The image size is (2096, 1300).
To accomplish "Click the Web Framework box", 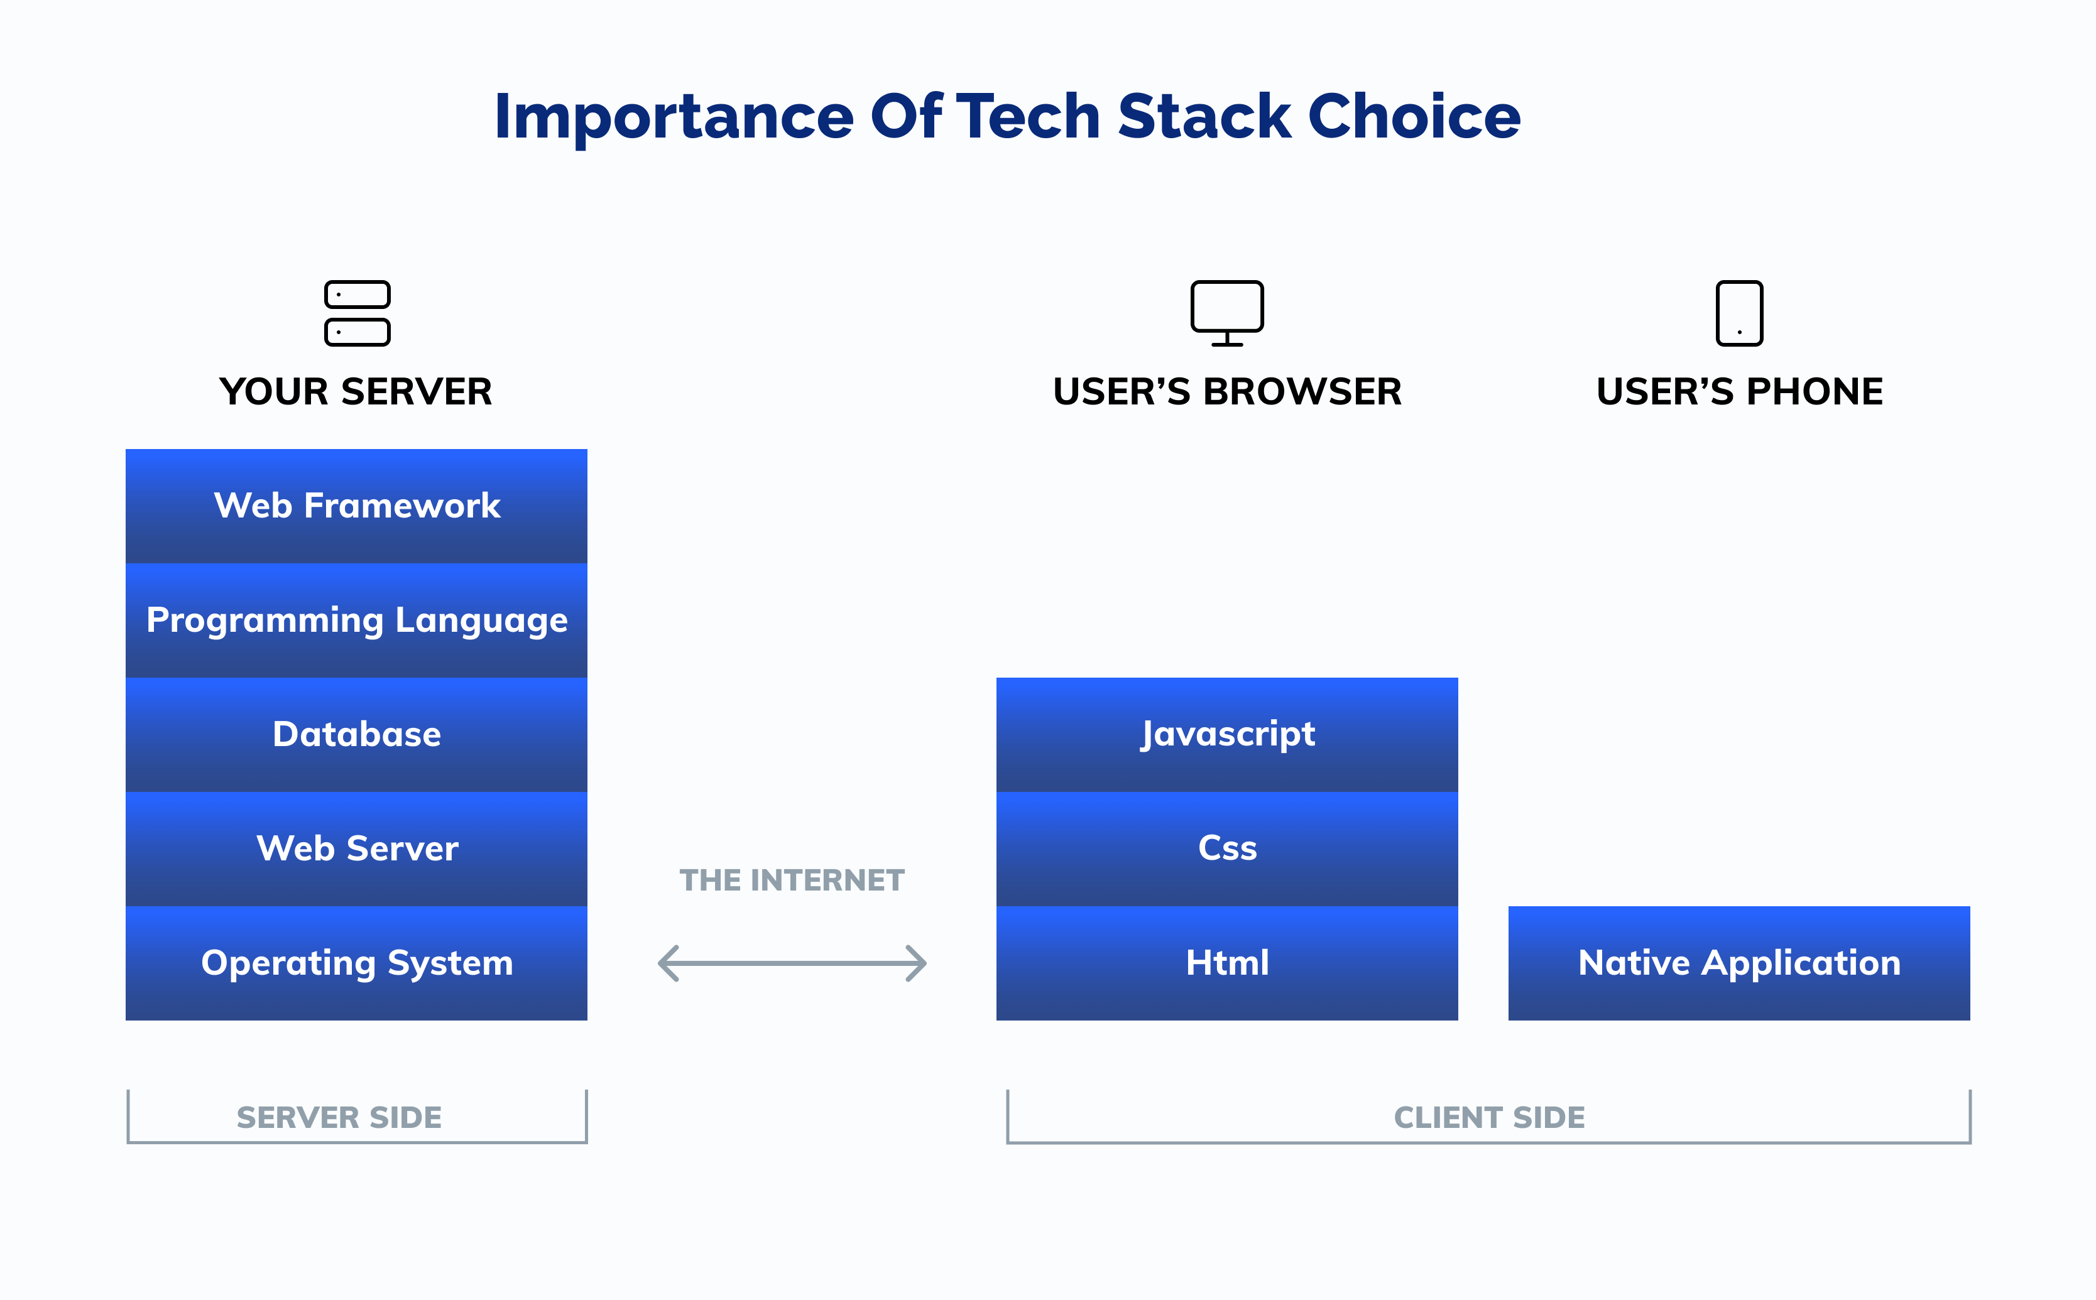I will [356, 506].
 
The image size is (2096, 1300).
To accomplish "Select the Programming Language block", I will [356, 620].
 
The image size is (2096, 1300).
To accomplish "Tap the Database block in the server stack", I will [356, 734].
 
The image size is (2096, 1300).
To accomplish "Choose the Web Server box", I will [356, 848].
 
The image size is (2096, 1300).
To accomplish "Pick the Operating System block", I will [356, 963].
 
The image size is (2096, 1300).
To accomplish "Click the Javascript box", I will [1226, 734].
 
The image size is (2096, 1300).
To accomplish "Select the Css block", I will [1226, 848].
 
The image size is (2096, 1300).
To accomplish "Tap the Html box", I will [1226, 963].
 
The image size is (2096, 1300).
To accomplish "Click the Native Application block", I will [1738, 963].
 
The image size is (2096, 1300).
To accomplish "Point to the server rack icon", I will [357, 313].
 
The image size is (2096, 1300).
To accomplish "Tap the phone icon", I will [1739, 313].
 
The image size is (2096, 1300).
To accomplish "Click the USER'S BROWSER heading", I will [1226, 392].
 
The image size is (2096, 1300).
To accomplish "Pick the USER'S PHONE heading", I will [1739, 392].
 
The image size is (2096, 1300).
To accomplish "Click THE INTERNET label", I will [791, 880].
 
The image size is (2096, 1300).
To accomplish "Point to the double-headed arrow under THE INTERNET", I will [791, 963].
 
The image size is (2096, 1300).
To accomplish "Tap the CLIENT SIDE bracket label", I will [1489, 1118].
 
